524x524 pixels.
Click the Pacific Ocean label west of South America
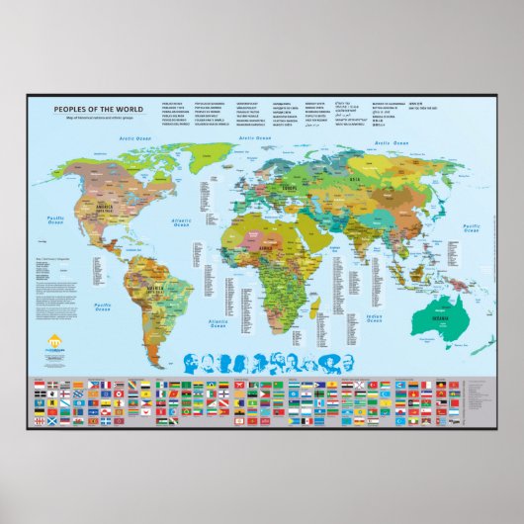pos(103,307)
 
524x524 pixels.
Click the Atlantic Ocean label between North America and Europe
pos(181,221)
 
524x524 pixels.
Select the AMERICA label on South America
pos(154,289)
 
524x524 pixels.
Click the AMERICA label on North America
pos(100,206)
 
